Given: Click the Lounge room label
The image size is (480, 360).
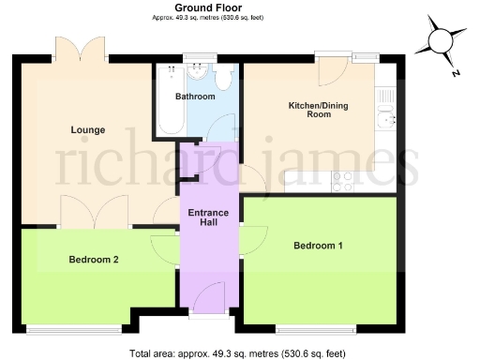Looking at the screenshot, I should click(x=87, y=129).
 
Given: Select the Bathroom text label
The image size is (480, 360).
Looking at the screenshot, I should click(x=196, y=97).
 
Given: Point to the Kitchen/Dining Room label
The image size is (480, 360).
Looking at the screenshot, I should click(x=318, y=111).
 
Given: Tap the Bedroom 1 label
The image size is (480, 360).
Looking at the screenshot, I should click(x=318, y=246).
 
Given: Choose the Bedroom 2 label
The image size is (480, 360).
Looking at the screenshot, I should click(x=93, y=260).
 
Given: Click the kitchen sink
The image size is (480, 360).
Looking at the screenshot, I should click(x=384, y=116).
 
